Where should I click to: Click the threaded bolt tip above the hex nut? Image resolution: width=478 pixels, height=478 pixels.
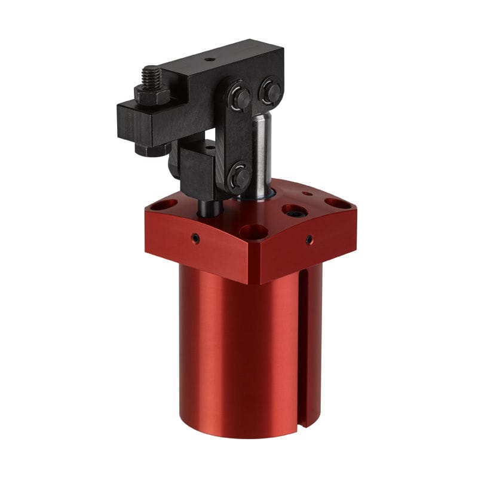pos(151,76)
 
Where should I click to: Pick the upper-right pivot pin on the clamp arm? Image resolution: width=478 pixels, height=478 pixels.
pos(271,91)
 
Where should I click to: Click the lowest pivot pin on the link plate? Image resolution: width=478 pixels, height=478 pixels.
pos(240,176)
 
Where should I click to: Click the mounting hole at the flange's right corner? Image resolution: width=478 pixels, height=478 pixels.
pos(338,203)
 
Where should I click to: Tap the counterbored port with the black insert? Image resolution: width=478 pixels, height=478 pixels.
pos(295,210)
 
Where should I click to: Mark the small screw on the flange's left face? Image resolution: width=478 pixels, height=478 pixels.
pos(195,238)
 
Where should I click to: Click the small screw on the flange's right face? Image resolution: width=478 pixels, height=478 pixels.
pos(309,240)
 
